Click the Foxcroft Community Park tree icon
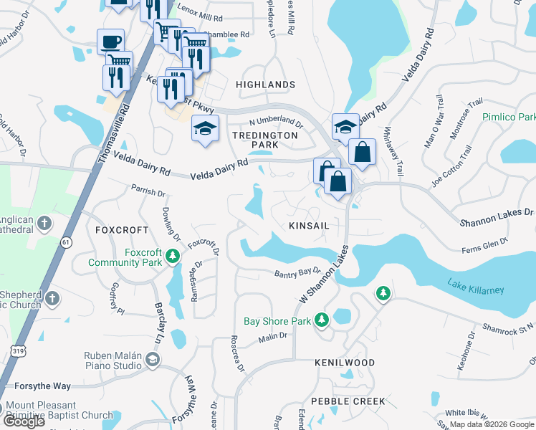(172, 255)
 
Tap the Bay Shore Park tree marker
(322, 319)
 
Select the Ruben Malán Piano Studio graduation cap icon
(153, 359)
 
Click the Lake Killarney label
(476, 290)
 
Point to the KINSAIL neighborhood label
(309, 226)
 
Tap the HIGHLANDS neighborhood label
(266, 85)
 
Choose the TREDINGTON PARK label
(264, 140)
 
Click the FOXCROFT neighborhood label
(122, 230)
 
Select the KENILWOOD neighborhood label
(345, 363)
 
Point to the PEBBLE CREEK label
(348, 401)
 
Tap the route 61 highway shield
(65, 242)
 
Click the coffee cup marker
(111, 42)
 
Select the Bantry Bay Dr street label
(297, 272)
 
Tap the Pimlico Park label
(508, 117)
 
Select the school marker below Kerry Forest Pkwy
(205, 129)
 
